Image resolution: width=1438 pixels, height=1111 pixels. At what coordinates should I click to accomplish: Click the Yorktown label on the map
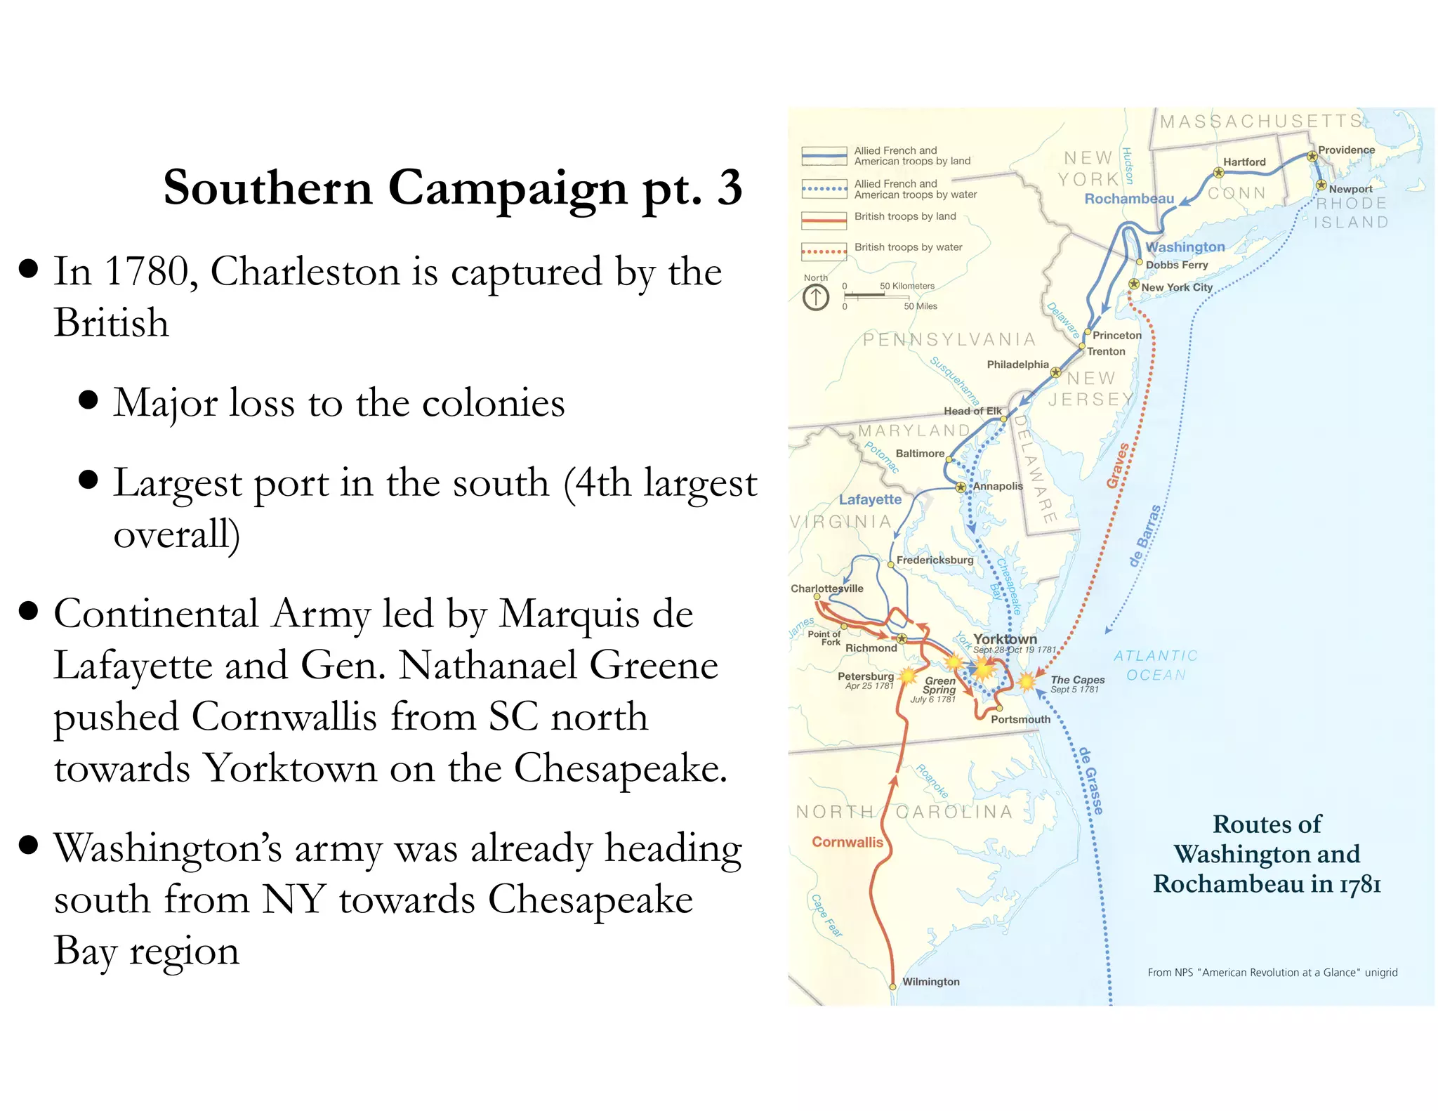[x=1005, y=639]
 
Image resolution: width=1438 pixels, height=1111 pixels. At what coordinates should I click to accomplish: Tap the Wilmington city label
[x=930, y=982]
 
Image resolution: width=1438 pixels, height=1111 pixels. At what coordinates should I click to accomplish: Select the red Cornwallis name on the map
[x=847, y=842]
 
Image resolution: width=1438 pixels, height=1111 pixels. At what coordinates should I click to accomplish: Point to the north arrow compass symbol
[x=816, y=298]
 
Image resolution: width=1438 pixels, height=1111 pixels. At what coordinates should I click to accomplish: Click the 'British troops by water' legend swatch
[x=824, y=251]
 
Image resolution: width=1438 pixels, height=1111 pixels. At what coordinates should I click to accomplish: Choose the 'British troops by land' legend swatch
[x=824, y=220]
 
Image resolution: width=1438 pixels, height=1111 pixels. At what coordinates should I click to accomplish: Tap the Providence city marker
[x=1312, y=157]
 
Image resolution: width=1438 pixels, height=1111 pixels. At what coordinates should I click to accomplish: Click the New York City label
[x=1177, y=287]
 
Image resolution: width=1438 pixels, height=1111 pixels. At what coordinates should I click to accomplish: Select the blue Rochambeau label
[x=1129, y=199]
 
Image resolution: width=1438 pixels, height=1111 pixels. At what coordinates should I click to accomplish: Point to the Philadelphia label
[x=1017, y=364]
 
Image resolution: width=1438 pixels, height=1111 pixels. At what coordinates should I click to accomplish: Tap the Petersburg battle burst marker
[x=908, y=676]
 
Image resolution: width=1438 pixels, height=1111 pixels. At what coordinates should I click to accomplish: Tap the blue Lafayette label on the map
[x=870, y=499]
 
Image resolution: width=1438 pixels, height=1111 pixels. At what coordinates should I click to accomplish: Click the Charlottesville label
[x=826, y=589]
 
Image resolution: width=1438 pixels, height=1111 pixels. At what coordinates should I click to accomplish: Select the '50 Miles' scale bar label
[x=920, y=306]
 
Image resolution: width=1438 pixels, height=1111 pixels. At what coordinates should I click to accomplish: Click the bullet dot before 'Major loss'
[x=88, y=400]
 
